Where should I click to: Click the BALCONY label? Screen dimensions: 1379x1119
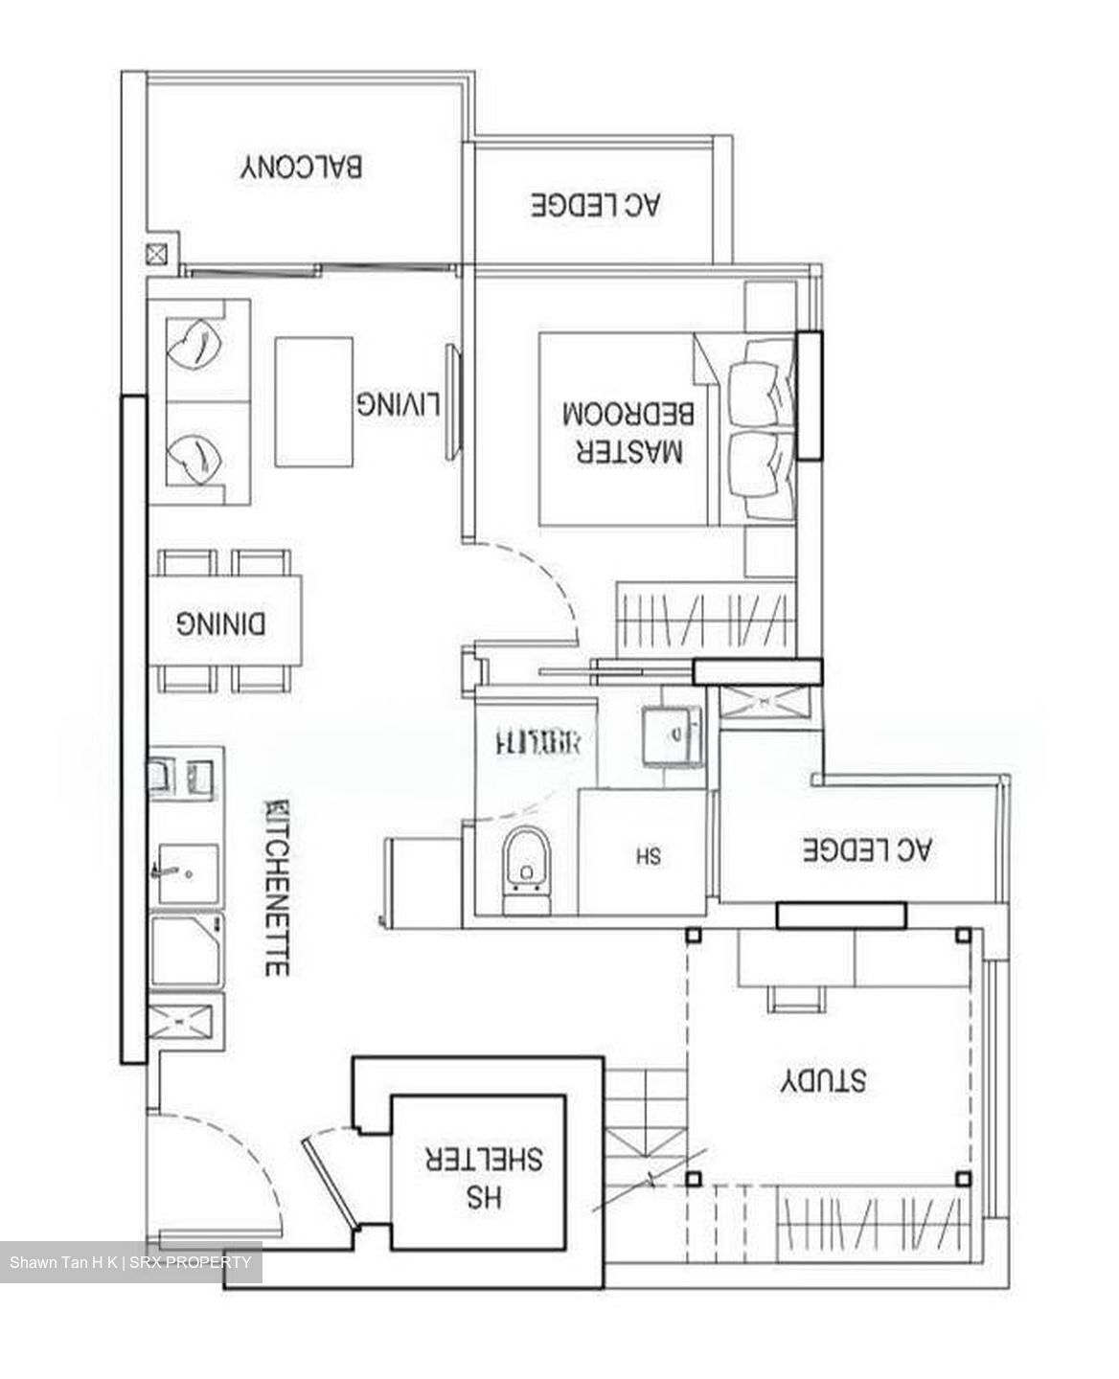[x=301, y=167]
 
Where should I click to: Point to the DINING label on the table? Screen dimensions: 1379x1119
[x=222, y=624]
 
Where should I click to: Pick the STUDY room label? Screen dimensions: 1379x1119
[x=822, y=1080]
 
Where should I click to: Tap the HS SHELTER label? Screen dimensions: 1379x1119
[x=484, y=1177]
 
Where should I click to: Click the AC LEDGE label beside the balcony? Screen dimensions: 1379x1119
[x=596, y=204]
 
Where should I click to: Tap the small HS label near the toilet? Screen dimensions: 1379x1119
[x=648, y=855]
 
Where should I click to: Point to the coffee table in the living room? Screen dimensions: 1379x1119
[x=313, y=402]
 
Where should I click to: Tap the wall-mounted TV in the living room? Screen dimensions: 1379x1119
[x=453, y=402]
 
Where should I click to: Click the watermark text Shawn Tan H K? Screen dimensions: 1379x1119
[x=63, y=1263]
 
